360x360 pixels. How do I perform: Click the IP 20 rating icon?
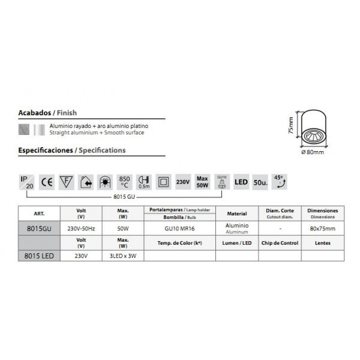[27, 181]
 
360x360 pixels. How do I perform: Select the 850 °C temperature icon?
[124, 181]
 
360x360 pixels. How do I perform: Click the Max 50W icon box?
[202, 181]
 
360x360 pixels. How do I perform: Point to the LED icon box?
[241, 181]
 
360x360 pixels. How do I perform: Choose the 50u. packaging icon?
[260, 181]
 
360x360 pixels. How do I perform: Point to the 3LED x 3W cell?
[123, 256]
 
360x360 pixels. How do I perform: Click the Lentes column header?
[322, 243]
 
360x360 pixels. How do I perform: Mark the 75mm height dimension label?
[290, 127]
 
